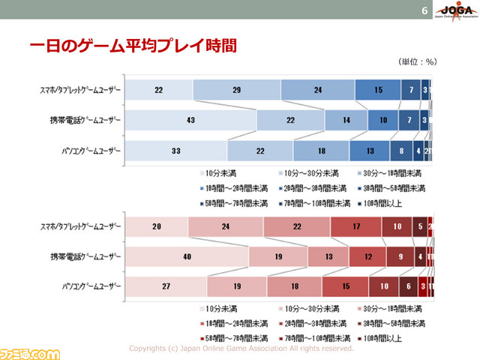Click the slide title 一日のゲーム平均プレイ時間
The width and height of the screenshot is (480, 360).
pos(133,47)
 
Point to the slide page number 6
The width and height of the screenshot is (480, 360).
pos(425,11)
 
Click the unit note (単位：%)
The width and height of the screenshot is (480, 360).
pos(418,63)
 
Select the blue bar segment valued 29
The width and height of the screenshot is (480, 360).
pos(236,89)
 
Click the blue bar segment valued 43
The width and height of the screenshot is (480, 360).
pos(190,120)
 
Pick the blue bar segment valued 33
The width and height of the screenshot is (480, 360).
pos(175,151)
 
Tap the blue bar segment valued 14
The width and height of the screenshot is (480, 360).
pos(346,120)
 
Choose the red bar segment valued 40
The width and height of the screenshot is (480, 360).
pos(186,257)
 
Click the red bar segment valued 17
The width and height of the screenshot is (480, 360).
pos(355,226)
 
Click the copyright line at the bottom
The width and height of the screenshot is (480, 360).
pos(241,348)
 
